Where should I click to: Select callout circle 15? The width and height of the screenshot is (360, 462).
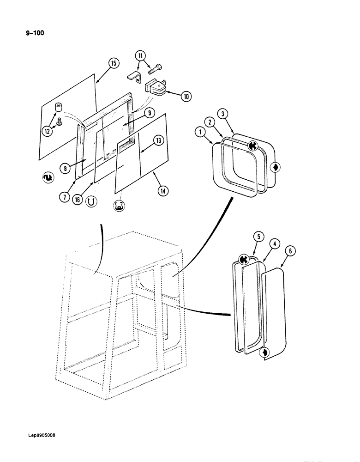click(112, 63)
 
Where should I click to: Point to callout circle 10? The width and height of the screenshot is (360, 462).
click(186, 97)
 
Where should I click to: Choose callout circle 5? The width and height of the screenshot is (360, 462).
click(258, 237)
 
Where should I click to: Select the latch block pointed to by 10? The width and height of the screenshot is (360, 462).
click(157, 89)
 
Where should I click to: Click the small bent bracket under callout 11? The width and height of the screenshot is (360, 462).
click(134, 77)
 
